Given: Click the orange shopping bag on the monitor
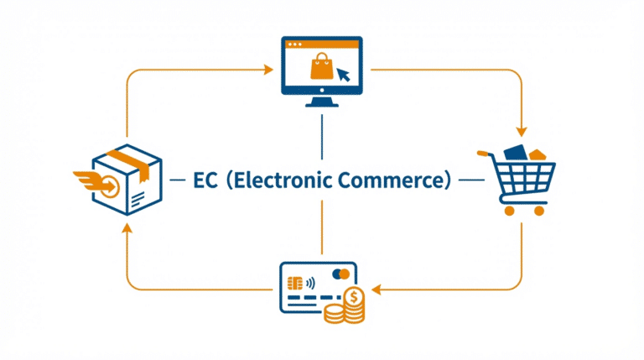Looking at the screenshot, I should tap(321, 66).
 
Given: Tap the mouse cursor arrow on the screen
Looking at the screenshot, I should tap(343, 75).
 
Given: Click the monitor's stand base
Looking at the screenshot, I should tap(322, 104).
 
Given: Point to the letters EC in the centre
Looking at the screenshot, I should tap(205, 180).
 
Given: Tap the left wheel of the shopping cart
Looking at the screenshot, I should tap(506, 210).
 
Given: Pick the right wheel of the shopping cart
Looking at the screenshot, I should tap(539, 210).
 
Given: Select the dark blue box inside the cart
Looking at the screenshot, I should tap(514, 154).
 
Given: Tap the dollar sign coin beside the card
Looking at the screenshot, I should tap(353, 295).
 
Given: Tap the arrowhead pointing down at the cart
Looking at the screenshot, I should tap(522, 131).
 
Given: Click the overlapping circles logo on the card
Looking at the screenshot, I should tap(340, 274).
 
